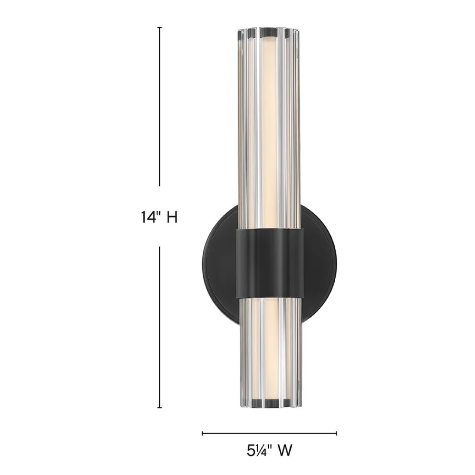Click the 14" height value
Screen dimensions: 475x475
[x=148, y=217]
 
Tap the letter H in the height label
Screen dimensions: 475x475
[x=172, y=217]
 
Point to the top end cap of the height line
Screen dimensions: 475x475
[x=160, y=27]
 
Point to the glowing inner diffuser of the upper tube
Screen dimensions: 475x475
[x=268, y=132]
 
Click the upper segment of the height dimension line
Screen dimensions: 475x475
[x=160, y=106]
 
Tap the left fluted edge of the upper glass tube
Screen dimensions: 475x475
[x=241, y=132]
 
